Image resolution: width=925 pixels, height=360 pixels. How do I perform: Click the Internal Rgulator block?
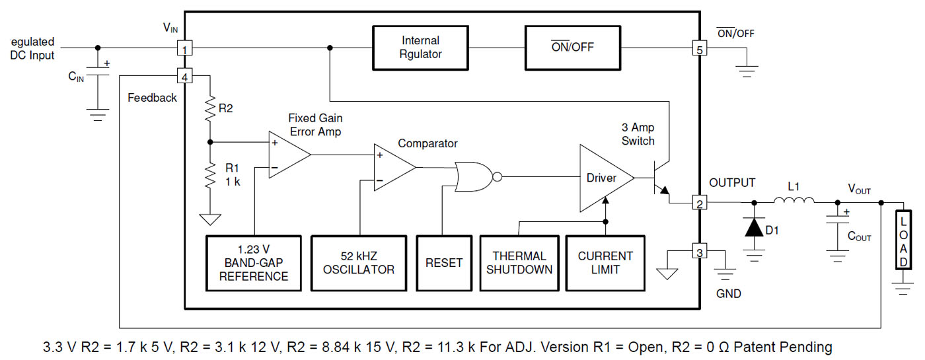tap(420, 48)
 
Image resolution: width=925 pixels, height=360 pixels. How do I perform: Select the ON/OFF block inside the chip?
tap(573, 48)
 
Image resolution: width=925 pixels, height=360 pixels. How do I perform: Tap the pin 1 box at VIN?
tap(186, 48)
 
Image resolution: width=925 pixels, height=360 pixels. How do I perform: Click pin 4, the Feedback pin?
tap(186, 77)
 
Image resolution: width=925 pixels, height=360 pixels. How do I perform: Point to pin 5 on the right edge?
tap(698, 48)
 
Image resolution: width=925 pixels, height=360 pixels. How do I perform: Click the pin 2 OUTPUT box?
tap(698, 203)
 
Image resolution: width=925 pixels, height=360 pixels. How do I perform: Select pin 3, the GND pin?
tap(698, 251)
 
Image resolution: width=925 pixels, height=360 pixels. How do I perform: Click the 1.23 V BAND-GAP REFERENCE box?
tap(254, 263)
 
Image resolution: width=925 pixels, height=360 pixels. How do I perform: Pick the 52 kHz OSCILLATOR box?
tap(359, 263)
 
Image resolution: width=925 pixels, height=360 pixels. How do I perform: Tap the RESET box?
tap(444, 263)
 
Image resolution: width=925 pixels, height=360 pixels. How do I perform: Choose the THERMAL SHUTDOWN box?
tap(519, 263)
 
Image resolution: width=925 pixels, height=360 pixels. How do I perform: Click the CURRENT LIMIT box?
tap(605, 263)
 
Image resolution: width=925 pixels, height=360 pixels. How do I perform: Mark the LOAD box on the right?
tap(902, 240)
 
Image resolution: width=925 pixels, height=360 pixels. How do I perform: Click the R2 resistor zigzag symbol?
tap(210, 108)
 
